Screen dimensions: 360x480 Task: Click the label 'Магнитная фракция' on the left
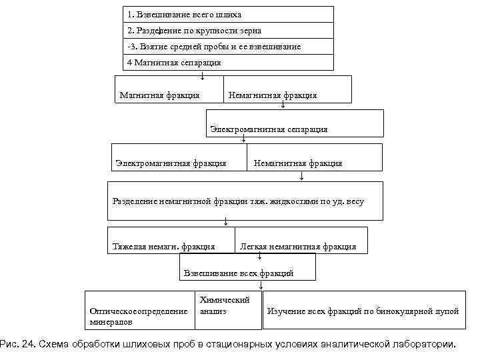[x=159, y=95]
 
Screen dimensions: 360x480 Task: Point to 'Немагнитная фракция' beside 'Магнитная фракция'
[x=273, y=95]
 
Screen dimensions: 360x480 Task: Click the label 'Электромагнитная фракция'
[x=171, y=163]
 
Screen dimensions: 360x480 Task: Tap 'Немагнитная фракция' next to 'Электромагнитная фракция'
[x=298, y=163]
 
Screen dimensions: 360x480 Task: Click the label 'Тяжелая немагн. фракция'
[x=164, y=247]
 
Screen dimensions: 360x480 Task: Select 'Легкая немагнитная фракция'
[x=298, y=247]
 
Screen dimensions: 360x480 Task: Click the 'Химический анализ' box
[x=224, y=306]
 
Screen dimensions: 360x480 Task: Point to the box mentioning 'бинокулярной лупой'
[x=363, y=311]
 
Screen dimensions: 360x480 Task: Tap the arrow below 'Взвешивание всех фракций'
[x=261, y=285]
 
